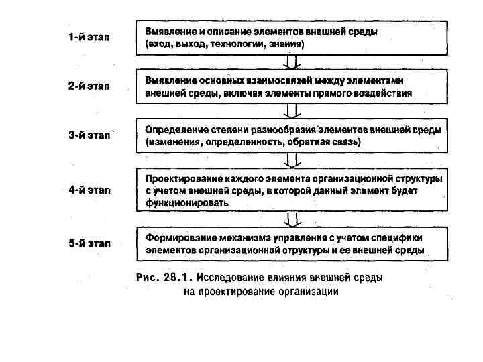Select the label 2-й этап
coord(89,86)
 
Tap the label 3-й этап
coord(89,135)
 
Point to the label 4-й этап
coord(89,190)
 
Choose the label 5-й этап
coord(89,243)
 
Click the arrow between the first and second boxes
coord(291,62)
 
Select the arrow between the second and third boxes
coord(291,110)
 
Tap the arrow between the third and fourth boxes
coord(291,160)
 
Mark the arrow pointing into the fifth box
coord(291,219)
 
